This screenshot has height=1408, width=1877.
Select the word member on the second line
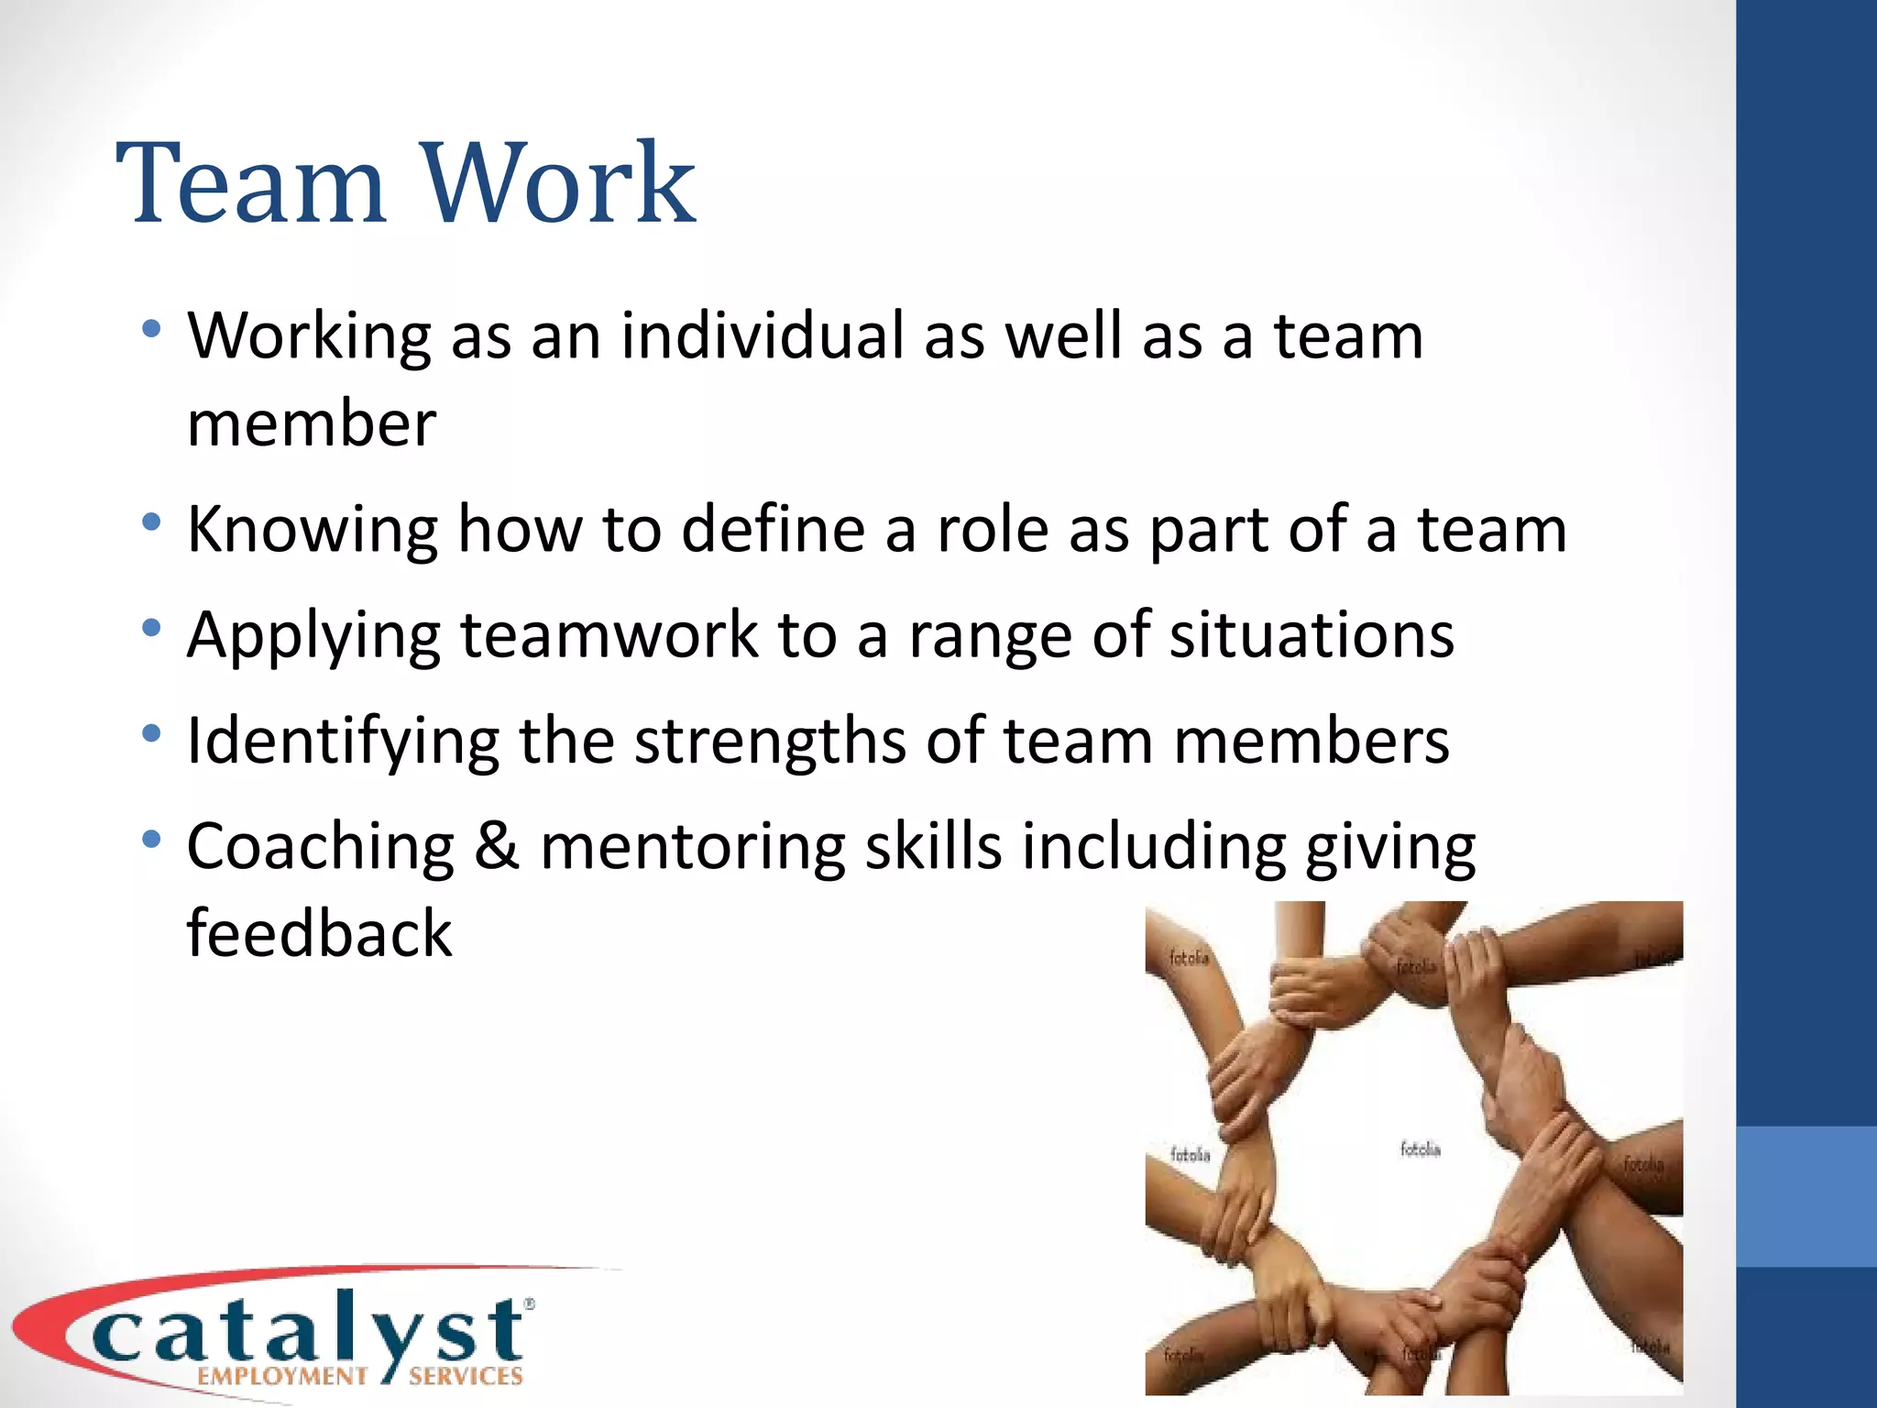tap(312, 424)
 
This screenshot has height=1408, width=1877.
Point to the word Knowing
tap(313, 532)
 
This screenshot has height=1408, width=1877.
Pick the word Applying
tap(313, 637)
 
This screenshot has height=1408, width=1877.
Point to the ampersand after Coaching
tap(497, 846)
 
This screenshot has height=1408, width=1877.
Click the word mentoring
tap(692, 848)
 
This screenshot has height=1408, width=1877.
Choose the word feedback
tap(319, 933)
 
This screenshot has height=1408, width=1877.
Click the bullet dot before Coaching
tap(152, 839)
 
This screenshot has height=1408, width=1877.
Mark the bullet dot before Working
tap(152, 328)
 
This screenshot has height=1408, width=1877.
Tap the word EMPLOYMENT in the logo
tap(282, 1376)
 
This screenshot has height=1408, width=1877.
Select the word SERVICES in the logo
tap(466, 1376)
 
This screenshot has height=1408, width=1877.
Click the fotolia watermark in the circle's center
tap(1420, 1149)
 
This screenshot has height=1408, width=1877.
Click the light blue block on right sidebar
tap(1806, 1196)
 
